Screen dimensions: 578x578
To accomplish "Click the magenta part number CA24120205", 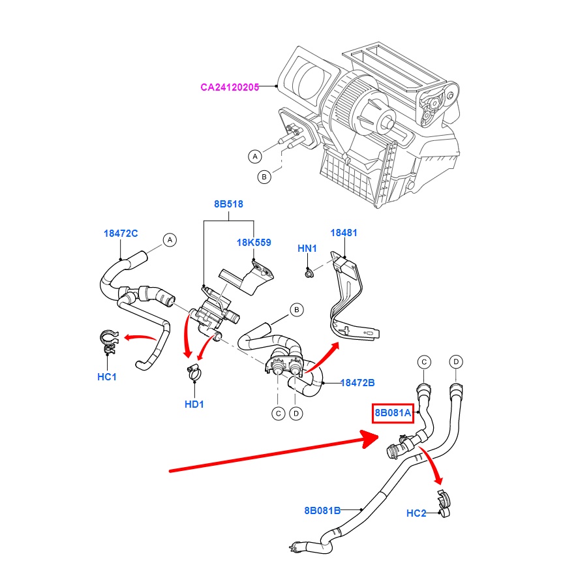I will pyautogui.click(x=230, y=87).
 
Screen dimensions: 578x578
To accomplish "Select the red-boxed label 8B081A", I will pyautogui.click(x=393, y=412).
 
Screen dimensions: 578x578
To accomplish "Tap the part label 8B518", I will pyautogui.click(x=228, y=204).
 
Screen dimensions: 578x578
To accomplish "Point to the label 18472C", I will pyautogui.click(x=121, y=233).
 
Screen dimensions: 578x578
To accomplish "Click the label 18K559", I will pyautogui.click(x=254, y=243).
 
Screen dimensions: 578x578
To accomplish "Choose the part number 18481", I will pyautogui.click(x=344, y=233).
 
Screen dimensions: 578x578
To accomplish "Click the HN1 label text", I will pyautogui.click(x=307, y=249).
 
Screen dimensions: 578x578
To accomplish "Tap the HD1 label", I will pyautogui.click(x=194, y=404).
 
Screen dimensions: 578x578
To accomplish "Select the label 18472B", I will pyautogui.click(x=357, y=382).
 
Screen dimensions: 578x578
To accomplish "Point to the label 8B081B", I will pyautogui.click(x=322, y=510).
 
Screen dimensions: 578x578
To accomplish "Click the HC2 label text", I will pyautogui.click(x=416, y=513).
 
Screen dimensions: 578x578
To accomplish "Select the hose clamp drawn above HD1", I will pyautogui.click(x=194, y=373).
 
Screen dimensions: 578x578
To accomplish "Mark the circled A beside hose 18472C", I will pyautogui.click(x=170, y=240).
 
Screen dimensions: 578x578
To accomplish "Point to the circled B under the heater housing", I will pyautogui.click(x=264, y=176).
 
